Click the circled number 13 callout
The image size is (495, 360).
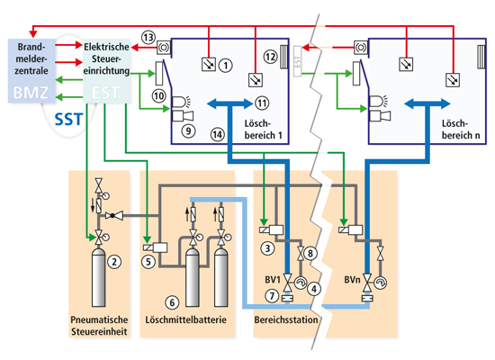pos(148,38)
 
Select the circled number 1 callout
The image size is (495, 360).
pos(226,66)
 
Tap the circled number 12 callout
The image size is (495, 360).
pos(271,57)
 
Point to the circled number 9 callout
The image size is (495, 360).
pos(188,130)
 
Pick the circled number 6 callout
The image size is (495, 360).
pos(172,302)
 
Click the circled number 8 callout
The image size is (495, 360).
pos(310,253)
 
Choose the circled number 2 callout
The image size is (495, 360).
pos(114,262)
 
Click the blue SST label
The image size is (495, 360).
pos(68,120)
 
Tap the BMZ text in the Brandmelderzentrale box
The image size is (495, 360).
pos(31,93)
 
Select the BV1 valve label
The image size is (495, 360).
pos(273,280)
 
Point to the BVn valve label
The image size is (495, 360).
pos(352,280)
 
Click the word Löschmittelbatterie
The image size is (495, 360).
pos(186,319)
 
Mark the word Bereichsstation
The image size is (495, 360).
pos(286,319)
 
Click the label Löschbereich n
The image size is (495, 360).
pos(461,130)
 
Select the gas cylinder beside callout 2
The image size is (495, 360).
pos(98,278)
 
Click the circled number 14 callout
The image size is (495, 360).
pos(218,135)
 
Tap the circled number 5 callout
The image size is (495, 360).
pos(148,262)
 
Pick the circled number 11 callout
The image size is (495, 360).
pos(262,103)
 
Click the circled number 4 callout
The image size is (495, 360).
pos(314,289)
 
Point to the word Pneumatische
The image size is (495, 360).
pos(99,319)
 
